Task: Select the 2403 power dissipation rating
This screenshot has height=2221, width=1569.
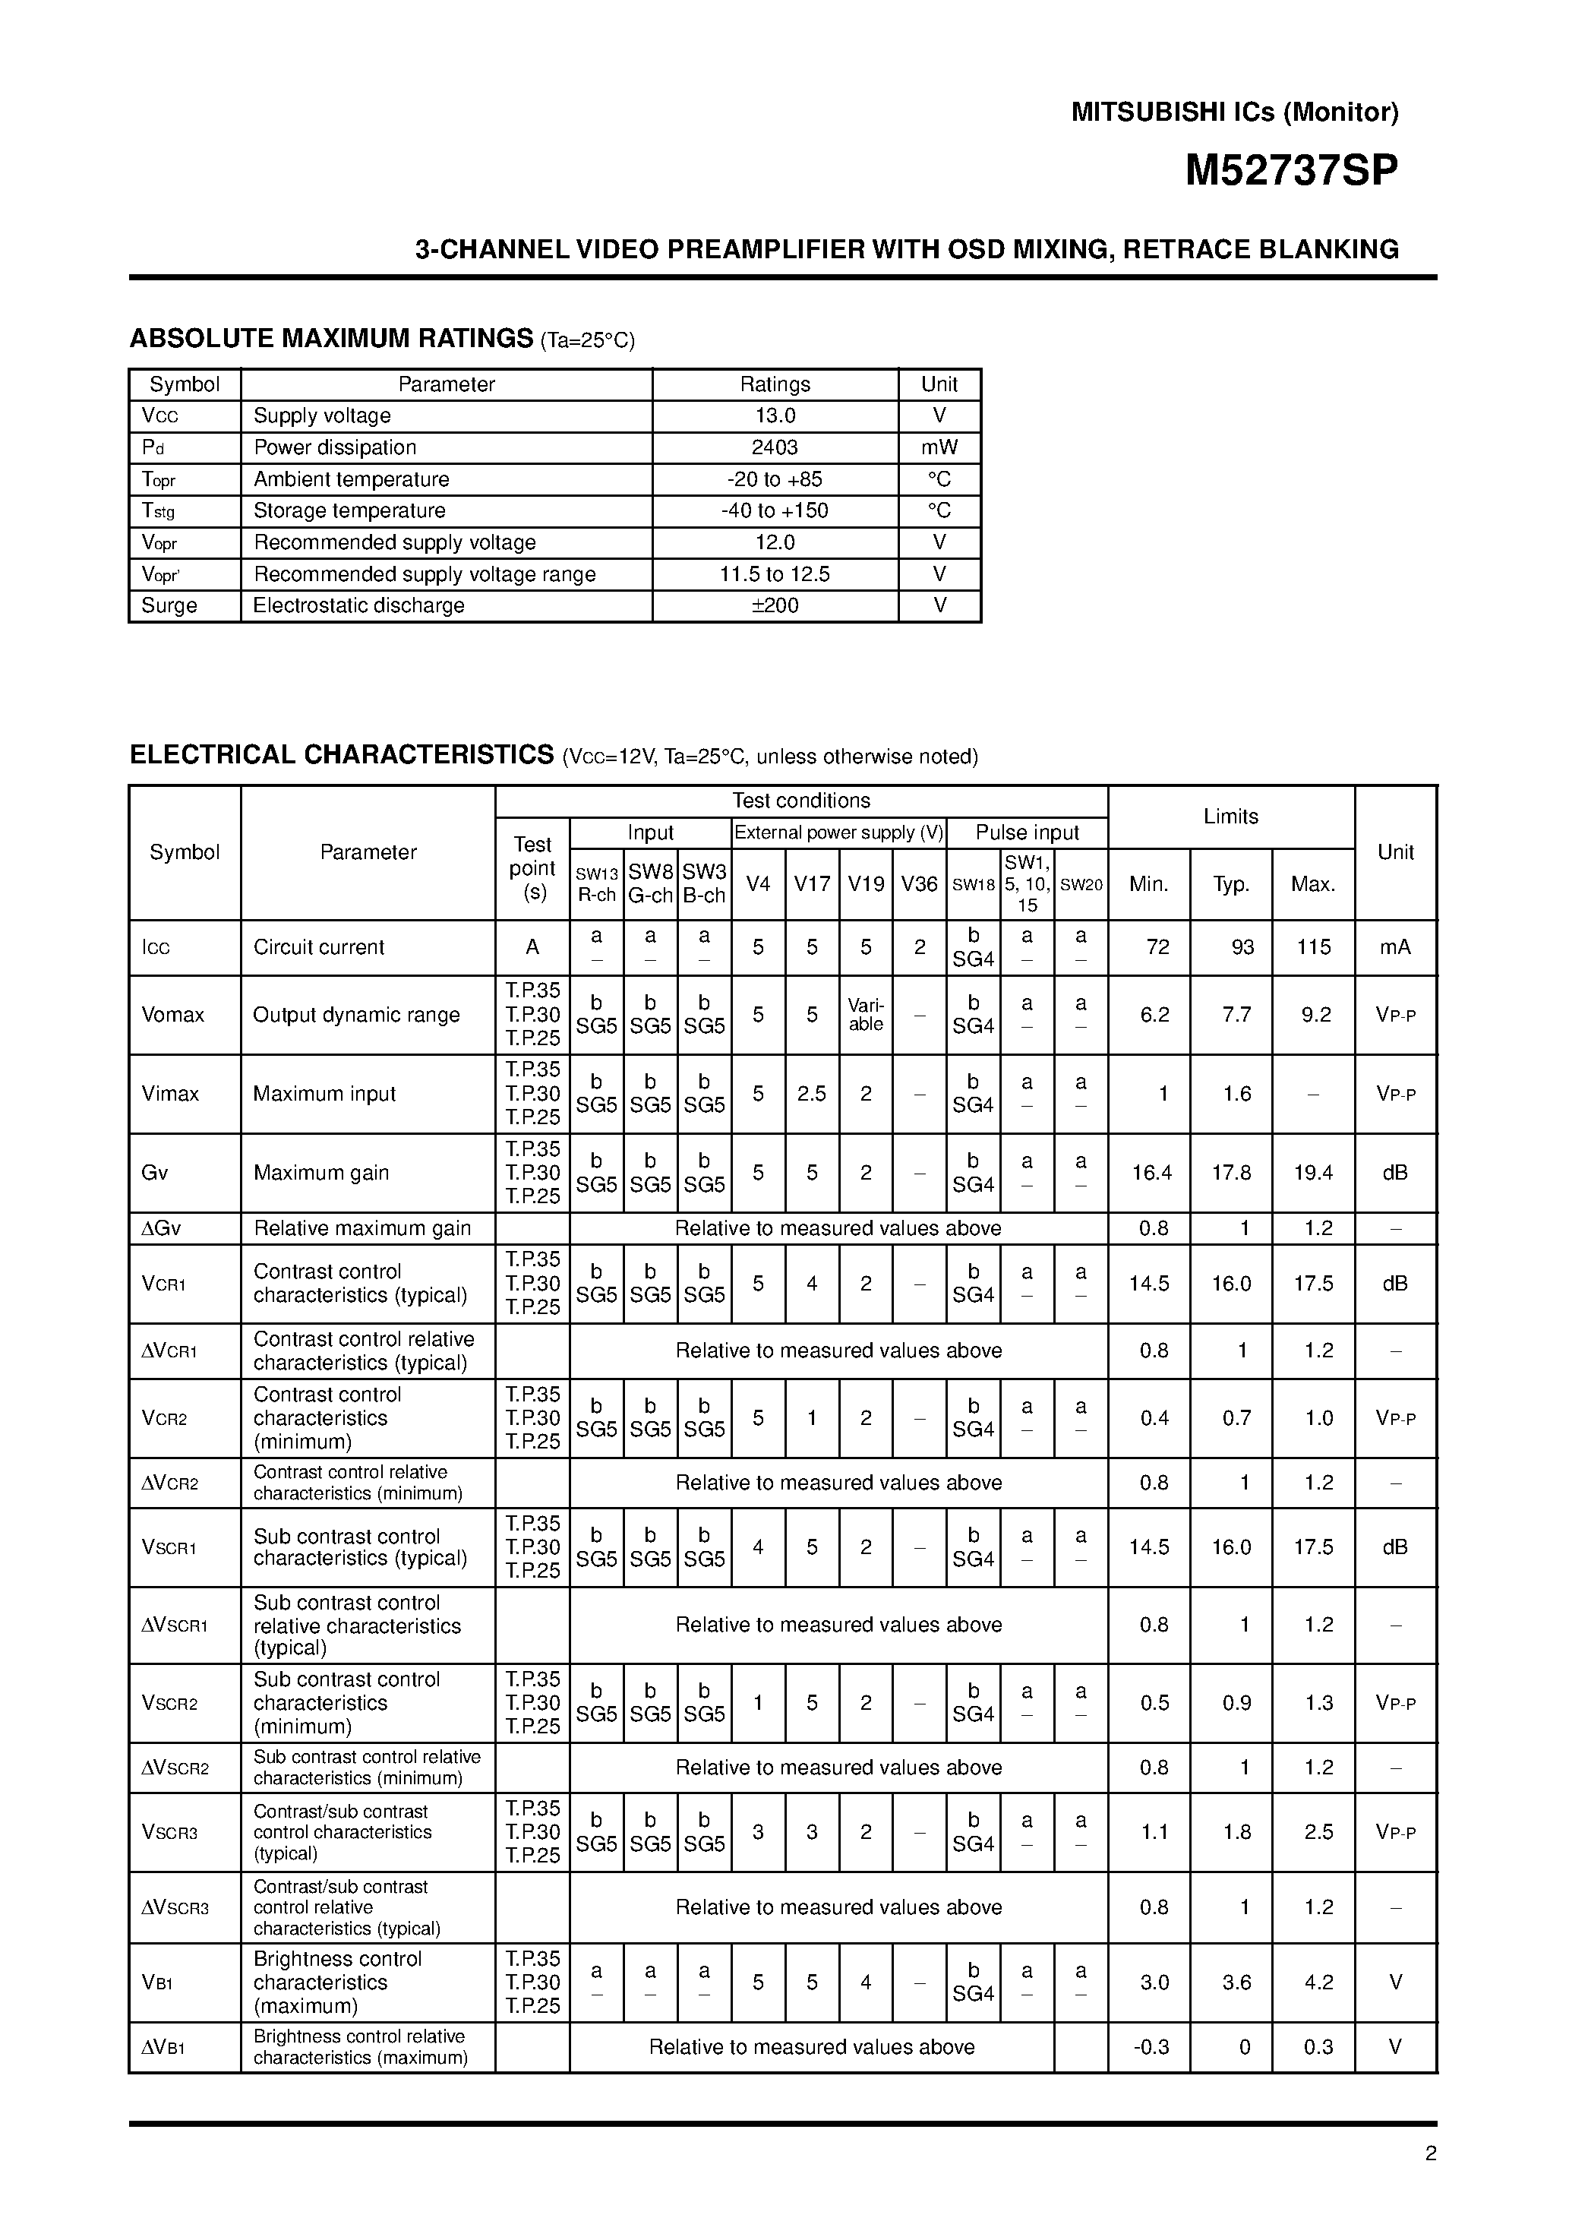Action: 774,447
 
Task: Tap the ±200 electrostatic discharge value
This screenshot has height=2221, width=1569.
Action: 774,605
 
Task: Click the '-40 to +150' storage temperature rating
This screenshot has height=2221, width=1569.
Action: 774,510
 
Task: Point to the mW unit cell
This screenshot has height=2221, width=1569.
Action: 939,447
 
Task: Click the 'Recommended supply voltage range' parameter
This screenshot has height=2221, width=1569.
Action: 425,574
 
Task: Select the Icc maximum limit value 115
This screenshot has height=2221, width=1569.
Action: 1314,947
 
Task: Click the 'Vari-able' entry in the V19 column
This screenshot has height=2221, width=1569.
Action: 866,1015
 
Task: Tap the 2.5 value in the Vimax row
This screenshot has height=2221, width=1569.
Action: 812,1094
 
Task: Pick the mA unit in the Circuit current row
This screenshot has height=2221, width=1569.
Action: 1395,947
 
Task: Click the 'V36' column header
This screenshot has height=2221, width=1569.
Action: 919,883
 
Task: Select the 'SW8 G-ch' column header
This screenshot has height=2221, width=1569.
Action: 650,883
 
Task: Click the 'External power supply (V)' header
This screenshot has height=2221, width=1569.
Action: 838,832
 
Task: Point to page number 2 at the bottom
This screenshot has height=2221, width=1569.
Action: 1431,2153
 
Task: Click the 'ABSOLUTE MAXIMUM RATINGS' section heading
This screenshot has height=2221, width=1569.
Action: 331,339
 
